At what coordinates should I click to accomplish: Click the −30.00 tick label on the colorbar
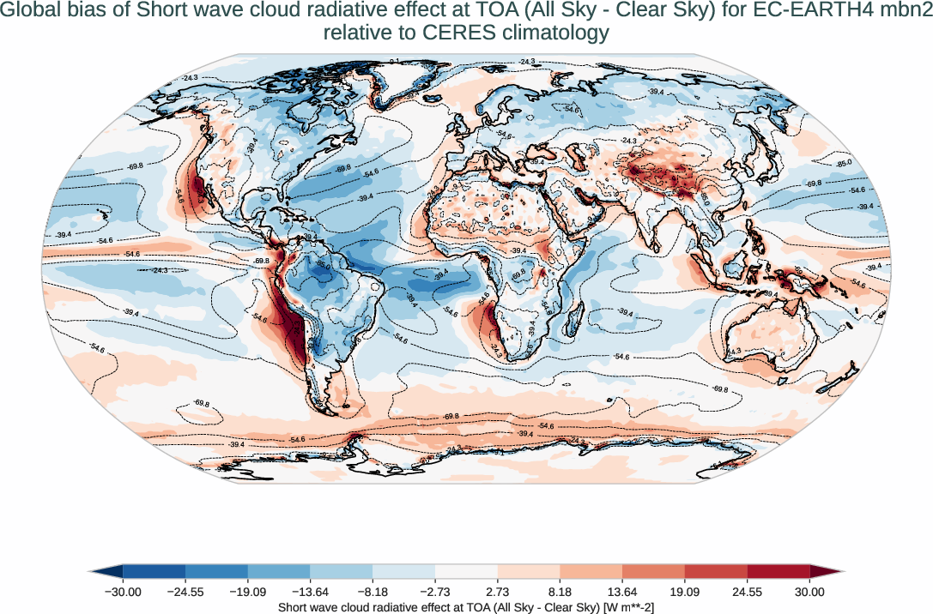[123, 592]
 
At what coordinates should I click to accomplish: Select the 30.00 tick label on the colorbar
[809, 592]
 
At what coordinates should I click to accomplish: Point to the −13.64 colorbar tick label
[310, 592]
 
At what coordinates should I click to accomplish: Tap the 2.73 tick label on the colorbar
[497, 592]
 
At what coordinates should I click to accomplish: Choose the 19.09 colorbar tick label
[684, 592]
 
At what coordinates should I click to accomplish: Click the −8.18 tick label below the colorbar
[373, 592]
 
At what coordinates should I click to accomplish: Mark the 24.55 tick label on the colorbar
[747, 592]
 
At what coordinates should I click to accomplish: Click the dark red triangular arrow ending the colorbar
[826, 570]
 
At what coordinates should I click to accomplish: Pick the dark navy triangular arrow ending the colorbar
[106, 570]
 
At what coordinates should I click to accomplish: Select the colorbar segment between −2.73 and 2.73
[466, 570]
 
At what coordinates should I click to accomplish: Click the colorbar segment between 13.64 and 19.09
[653, 570]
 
